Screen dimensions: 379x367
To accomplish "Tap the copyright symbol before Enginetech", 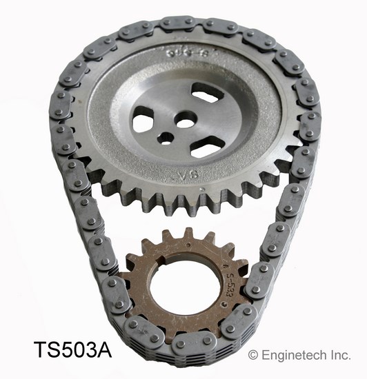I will (x=253, y=354).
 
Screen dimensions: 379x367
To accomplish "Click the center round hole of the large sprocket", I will (x=186, y=121).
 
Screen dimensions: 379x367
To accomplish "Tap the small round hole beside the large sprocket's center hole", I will (x=165, y=137).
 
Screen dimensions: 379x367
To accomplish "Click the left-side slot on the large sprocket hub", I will (x=143, y=123).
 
